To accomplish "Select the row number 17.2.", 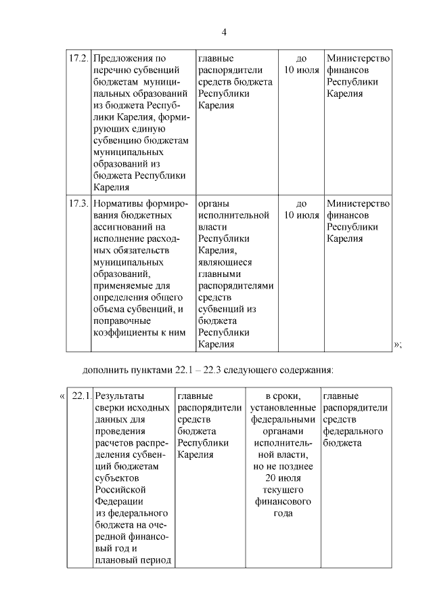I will [x=79, y=58].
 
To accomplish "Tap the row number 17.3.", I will [x=79, y=203].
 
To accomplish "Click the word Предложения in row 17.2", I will [x=123, y=58].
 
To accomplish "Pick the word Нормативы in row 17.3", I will [x=119, y=203].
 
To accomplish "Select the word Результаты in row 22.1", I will [x=123, y=396].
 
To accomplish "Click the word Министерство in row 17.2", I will [x=358, y=58].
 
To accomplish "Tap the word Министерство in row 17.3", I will [x=358, y=203].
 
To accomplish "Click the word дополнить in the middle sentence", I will [x=104, y=371].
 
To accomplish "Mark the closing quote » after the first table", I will [x=396, y=345].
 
